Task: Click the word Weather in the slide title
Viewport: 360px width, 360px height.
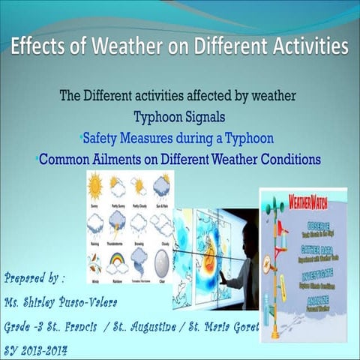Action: [x=124, y=46]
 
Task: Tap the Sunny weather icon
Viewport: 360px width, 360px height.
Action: [x=96, y=186]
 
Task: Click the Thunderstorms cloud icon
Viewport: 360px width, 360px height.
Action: [x=118, y=223]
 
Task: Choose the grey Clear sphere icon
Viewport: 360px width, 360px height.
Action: [x=161, y=262]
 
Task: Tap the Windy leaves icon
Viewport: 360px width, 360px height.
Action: [x=95, y=262]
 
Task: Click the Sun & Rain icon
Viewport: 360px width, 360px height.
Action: [x=161, y=186]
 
